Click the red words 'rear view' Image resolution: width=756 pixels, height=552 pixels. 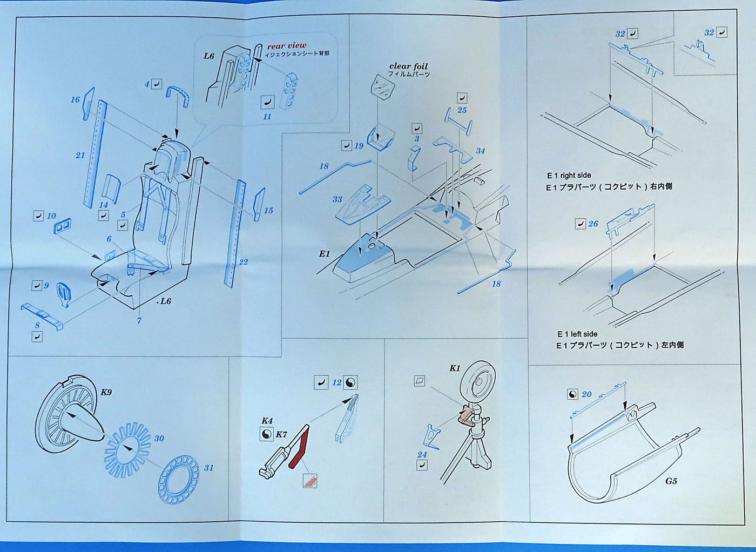[x=286, y=46]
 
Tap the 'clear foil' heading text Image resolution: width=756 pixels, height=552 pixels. [x=408, y=66]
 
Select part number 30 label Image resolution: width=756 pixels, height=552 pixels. [x=159, y=438]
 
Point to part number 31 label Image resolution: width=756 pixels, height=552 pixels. [x=208, y=468]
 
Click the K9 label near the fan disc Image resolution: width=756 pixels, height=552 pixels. [x=106, y=392]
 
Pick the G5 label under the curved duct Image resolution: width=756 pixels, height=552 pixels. [x=671, y=481]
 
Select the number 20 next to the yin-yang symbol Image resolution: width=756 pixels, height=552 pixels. [x=586, y=394]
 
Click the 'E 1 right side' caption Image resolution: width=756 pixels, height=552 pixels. [x=569, y=176]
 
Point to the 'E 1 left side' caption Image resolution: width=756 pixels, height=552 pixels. [x=577, y=334]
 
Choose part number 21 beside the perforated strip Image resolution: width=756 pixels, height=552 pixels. [x=80, y=155]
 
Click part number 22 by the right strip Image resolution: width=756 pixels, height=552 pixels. [x=244, y=262]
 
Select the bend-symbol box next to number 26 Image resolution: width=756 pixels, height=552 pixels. [x=580, y=224]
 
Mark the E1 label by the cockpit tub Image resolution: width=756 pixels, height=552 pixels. [x=324, y=254]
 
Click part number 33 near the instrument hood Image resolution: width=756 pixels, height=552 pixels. [x=337, y=199]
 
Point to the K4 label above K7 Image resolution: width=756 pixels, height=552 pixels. [x=267, y=421]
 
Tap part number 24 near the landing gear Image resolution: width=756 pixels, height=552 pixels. [x=422, y=455]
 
